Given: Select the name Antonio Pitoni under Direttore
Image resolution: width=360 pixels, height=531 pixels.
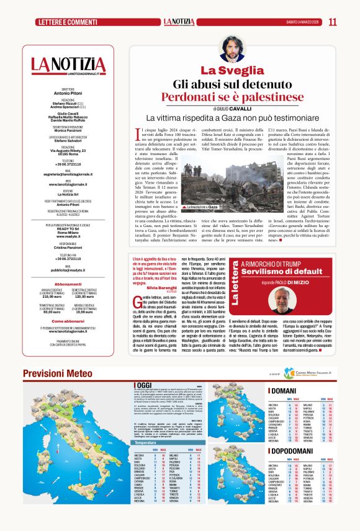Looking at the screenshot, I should pos(68,92).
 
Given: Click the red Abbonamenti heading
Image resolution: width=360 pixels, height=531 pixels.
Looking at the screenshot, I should pos(68,284).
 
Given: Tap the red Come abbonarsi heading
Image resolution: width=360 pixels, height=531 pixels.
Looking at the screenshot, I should pos(68,321).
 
